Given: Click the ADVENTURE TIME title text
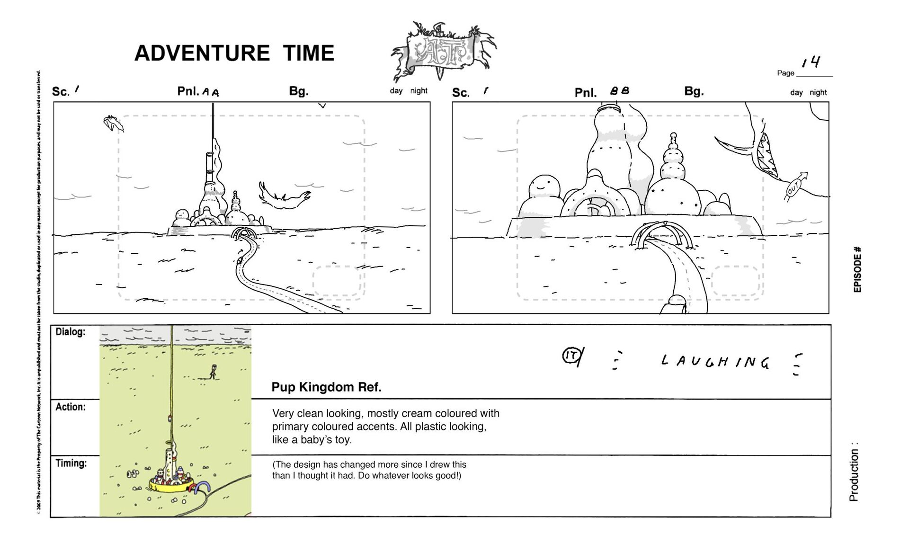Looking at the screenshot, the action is (234, 53).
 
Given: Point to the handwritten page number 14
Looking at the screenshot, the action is (811, 62).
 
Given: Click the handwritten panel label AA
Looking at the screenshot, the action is (211, 92).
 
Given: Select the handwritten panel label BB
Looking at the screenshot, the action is (620, 91).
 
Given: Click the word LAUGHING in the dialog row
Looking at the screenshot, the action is (715, 362).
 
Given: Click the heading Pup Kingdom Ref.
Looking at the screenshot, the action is (326, 387).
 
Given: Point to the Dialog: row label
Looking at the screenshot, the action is (70, 332).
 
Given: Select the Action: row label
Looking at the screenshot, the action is (70, 407).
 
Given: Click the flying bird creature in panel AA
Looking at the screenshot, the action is (283, 196).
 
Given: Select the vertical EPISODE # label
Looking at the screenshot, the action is (857, 269).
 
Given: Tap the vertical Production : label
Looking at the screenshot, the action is (854, 472).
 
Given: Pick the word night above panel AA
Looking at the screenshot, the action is (419, 91).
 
